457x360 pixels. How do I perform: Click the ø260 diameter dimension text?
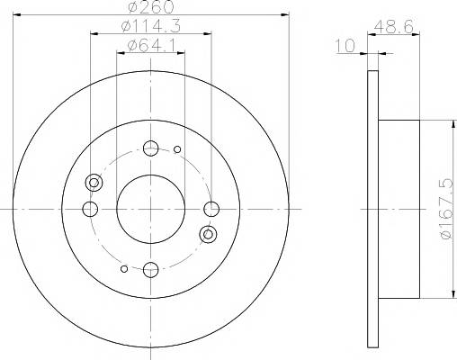150,7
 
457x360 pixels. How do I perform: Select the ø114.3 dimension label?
150,27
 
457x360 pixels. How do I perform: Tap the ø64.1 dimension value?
150,45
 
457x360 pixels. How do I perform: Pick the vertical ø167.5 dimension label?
443,208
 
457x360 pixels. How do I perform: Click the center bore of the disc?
150,208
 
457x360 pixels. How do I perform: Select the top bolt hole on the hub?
150,148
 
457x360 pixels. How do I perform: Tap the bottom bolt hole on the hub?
150,268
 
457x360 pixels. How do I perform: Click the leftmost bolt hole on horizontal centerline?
90,209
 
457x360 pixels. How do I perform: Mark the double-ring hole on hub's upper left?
94,183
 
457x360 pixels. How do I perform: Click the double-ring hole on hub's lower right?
208,235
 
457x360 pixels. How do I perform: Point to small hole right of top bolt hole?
177,149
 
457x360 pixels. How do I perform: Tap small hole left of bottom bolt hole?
124,267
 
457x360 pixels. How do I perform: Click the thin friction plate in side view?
373,208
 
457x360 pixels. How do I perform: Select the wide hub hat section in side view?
401,208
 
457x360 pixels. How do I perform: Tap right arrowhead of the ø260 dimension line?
284,14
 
